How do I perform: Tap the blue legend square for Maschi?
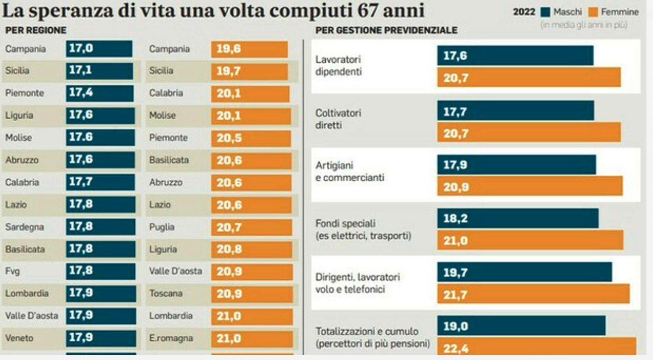545,12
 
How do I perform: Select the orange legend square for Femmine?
592,12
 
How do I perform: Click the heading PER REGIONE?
35,30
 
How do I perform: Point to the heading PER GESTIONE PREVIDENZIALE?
386,30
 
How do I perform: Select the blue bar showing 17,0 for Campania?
99,49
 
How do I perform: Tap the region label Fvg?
13,271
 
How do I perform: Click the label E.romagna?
171,338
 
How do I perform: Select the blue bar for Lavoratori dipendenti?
515,56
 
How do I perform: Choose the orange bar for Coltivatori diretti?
529,133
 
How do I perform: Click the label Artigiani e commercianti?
349,172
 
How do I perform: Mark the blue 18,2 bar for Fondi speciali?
518,218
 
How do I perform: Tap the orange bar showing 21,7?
533,294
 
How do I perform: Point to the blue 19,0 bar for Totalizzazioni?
521,326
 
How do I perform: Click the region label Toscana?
166,293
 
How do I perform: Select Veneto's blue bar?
101,338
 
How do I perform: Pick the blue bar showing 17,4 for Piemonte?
99,93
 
